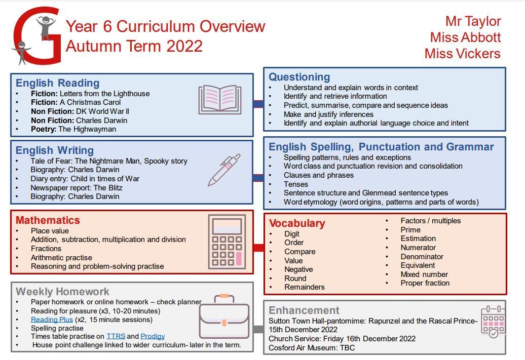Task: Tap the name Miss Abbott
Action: pos(465,37)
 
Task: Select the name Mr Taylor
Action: pos(473,21)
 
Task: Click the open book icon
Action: pos(219,99)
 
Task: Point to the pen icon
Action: pos(223,170)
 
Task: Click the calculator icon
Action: pos(227,242)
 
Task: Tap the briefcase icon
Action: pos(224,317)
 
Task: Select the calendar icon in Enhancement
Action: pos(493,322)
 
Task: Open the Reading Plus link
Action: pos(52,319)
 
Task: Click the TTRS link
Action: pos(116,336)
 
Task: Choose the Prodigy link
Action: pos(153,336)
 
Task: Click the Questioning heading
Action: pos(299,77)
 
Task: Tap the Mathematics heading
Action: pos(48,220)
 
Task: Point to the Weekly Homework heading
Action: pos(63,292)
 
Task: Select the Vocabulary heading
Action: pos(297,223)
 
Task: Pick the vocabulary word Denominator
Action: pos(422,257)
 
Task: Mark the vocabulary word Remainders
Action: pos(305,287)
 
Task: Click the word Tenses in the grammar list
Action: pos(296,184)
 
